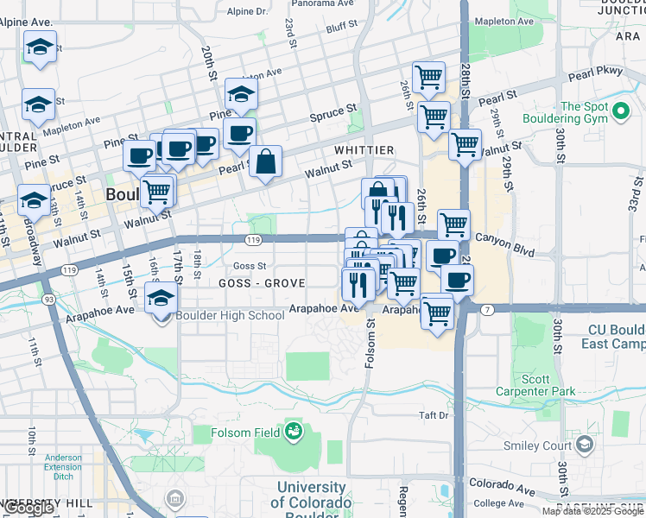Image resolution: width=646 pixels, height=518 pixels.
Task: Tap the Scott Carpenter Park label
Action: (x=535, y=385)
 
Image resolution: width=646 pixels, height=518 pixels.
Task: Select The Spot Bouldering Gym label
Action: (x=584, y=113)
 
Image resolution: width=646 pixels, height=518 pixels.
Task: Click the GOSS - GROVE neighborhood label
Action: (x=262, y=283)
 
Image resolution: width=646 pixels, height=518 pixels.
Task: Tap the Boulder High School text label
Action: (x=230, y=315)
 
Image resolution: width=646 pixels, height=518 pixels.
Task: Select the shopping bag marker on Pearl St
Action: (x=266, y=161)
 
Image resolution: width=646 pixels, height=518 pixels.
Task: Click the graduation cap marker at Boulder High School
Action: (x=161, y=298)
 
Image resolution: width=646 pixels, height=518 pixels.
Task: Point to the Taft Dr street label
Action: (x=434, y=415)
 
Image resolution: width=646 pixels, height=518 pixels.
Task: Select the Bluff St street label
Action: (x=342, y=28)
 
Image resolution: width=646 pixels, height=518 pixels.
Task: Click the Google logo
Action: (x=28, y=508)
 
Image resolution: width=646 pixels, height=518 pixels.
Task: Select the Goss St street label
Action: (x=250, y=266)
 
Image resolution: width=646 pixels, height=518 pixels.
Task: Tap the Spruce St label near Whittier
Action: (x=333, y=113)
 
